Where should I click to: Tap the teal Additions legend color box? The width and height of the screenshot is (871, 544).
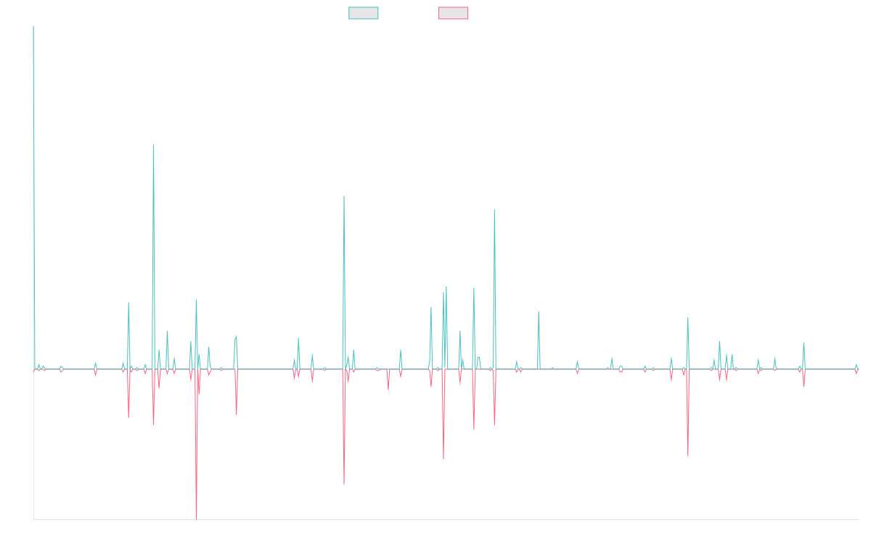coord(364,13)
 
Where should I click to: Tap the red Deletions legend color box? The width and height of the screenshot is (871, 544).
coord(454,13)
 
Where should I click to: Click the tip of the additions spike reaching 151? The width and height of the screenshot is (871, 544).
coord(153,146)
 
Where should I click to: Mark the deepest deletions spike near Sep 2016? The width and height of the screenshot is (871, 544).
coord(196,519)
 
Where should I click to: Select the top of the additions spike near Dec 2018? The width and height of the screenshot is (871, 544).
coord(344,197)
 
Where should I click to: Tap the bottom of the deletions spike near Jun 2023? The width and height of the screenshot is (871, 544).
coord(687,456)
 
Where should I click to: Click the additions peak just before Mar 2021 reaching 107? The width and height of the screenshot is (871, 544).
coord(494,210)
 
